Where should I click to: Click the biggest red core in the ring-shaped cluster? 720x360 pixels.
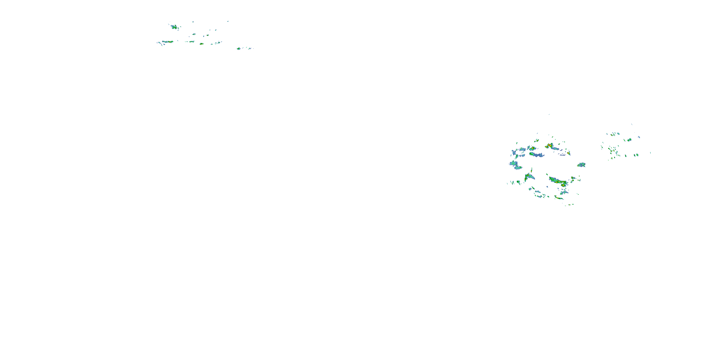[x=550, y=145]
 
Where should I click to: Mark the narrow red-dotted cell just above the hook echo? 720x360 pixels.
[x=532, y=170]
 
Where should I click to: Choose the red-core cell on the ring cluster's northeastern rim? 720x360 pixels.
[x=569, y=153]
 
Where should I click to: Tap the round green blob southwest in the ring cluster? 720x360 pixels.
[x=518, y=182]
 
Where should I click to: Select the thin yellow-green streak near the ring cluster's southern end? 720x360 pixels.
[x=559, y=198]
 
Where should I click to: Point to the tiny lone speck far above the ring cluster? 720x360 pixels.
[x=549, y=114]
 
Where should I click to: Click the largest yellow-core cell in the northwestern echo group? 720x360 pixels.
[x=174, y=27]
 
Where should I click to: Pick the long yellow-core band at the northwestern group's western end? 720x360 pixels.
[x=168, y=42]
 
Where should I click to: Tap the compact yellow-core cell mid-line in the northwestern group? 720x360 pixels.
[x=201, y=44]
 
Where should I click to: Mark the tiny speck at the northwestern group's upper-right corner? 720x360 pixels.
[x=228, y=21]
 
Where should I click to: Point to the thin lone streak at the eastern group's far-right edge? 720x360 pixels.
[x=650, y=153]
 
